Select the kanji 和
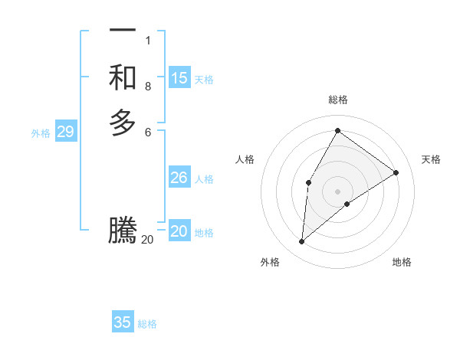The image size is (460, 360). [x=123, y=77]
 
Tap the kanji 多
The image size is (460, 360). [x=123, y=123]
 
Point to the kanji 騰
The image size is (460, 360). [x=123, y=231]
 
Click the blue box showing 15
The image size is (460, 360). [x=179, y=78]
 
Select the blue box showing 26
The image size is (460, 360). [x=179, y=178]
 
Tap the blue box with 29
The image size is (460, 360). [x=65, y=132]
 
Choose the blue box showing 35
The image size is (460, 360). [x=123, y=322]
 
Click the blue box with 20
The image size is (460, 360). [x=179, y=231]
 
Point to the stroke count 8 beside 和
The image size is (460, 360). [x=148, y=87]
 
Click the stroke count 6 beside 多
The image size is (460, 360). [x=148, y=132]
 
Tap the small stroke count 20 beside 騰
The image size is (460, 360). [x=148, y=240]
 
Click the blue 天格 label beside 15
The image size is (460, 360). [x=204, y=79]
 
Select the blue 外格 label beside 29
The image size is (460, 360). [x=41, y=133]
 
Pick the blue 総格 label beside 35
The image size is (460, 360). [x=147, y=324]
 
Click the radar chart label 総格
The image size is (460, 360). [x=338, y=100]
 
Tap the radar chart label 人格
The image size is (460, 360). [x=245, y=159]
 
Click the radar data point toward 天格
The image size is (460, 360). [x=396, y=173]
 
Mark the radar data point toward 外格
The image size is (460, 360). [x=302, y=242]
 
